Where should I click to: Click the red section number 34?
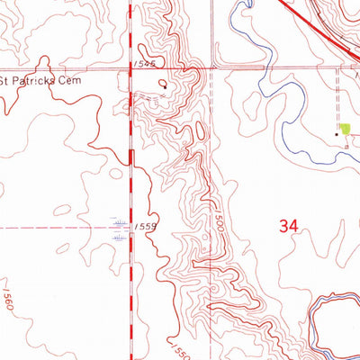pos(287,227)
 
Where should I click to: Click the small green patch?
pos(345,130)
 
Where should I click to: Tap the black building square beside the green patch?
pos(338,133)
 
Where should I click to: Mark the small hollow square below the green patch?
pos(346,144)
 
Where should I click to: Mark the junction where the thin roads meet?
pos(213,67)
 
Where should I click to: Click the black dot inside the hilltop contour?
pos(164,85)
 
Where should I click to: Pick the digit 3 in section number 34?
pos(283,227)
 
